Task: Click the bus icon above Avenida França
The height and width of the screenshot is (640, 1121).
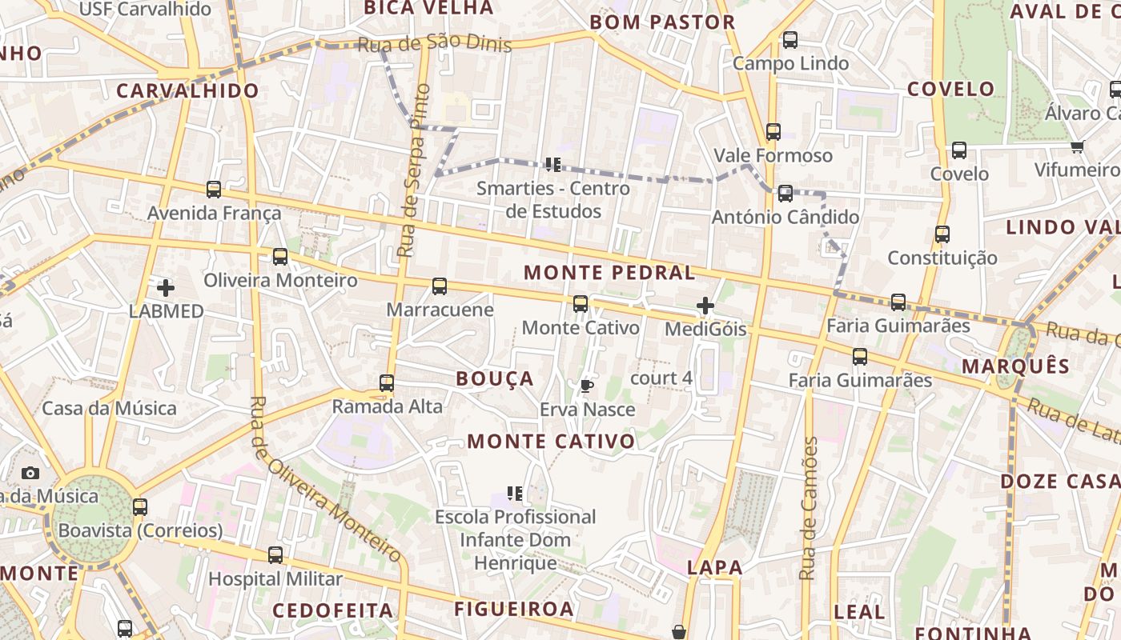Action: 214,190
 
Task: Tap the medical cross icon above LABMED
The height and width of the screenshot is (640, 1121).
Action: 166,288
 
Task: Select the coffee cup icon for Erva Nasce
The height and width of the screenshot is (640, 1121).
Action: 587,386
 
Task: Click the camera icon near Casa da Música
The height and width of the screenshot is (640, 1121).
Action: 30,473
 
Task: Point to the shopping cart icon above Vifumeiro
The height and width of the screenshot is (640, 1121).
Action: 1077,146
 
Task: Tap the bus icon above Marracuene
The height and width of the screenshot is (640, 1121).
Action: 440,286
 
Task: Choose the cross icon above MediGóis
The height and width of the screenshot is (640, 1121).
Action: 705,306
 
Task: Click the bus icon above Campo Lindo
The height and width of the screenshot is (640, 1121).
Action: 790,39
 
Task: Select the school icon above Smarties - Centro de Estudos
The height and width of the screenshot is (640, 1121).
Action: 552,165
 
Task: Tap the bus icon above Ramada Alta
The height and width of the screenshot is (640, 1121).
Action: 387,383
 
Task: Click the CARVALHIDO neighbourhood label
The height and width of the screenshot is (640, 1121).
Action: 188,90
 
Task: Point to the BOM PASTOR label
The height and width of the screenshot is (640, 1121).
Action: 662,22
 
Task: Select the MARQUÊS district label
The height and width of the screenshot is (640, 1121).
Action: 1015,366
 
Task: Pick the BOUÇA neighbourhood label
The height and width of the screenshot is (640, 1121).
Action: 494,378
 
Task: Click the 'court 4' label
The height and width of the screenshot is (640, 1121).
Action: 661,378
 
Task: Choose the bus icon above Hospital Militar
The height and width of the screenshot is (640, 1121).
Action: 275,554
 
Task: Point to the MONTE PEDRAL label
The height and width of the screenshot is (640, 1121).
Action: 609,272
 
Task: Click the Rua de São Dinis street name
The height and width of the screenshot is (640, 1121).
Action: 434,43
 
